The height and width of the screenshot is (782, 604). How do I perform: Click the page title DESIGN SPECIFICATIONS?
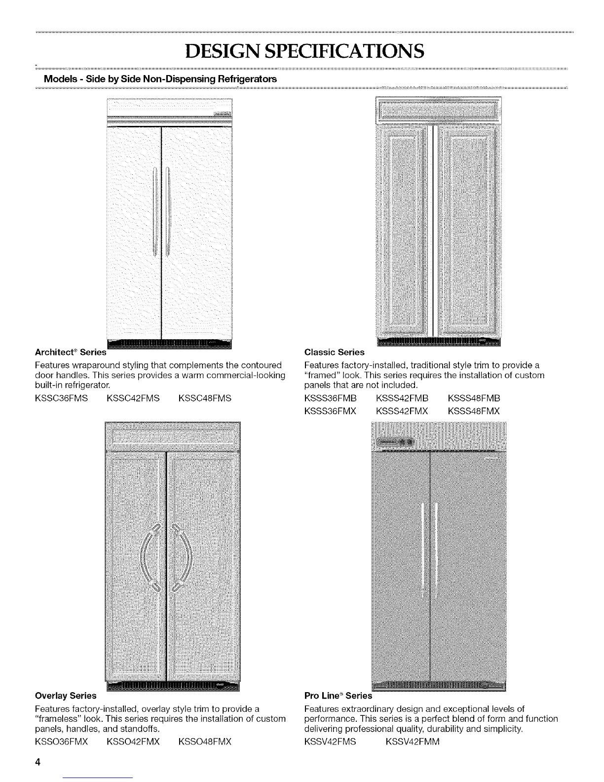(302, 50)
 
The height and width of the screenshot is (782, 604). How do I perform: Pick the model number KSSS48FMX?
(474, 411)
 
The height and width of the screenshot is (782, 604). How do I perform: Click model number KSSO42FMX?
(133, 742)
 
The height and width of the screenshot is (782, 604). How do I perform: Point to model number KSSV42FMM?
(411, 742)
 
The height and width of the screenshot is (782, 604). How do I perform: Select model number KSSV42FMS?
(330, 742)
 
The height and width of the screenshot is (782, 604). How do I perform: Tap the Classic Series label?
(335, 352)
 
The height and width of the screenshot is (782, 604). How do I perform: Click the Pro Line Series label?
(339, 696)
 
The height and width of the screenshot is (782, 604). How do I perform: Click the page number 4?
(37, 762)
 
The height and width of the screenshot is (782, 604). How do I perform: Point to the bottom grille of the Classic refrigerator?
(438, 341)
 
